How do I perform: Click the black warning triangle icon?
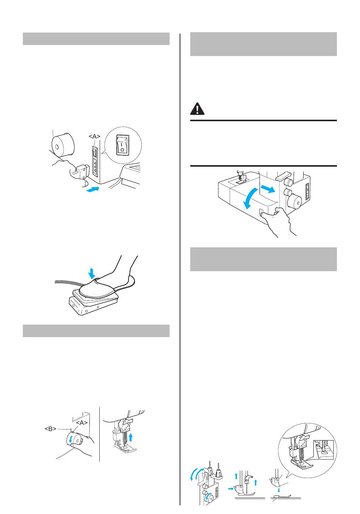[x=197, y=109]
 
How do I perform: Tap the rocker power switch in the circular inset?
[x=122, y=145]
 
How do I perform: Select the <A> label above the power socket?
[x=95, y=136]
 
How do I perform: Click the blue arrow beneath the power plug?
[x=92, y=189]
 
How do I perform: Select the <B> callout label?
[x=50, y=429]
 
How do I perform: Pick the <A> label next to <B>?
[x=82, y=423]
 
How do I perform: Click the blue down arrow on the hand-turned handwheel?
[x=71, y=439]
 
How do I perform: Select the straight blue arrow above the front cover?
[x=268, y=189]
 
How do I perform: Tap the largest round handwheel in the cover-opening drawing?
[x=294, y=202]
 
